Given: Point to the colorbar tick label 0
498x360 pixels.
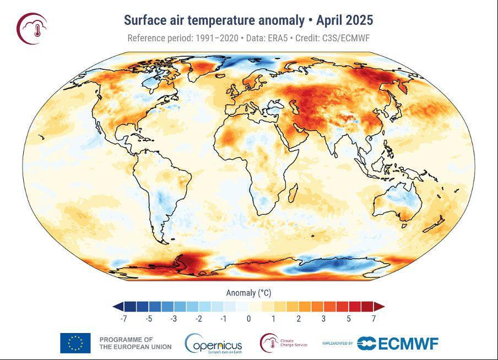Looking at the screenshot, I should pyautogui.click(x=249, y=319).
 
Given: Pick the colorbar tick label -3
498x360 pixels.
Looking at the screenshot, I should pyautogui.click(x=174, y=319).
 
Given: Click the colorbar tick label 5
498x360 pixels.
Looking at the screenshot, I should pyautogui.click(x=349, y=319).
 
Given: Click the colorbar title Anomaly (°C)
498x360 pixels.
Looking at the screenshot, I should pyautogui.click(x=248, y=292).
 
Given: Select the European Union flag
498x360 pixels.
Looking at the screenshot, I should pyautogui.click(x=75, y=343).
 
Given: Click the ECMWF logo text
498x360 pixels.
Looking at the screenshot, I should pyautogui.click(x=408, y=343).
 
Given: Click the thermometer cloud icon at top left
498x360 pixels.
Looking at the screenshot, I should pyautogui.click(x=31, y=28).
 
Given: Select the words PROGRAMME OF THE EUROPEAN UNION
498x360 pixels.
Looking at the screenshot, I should pyautogui.click(x=135, y=343).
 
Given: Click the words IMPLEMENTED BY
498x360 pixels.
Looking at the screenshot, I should pyautogui.click(x=338, y=343).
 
